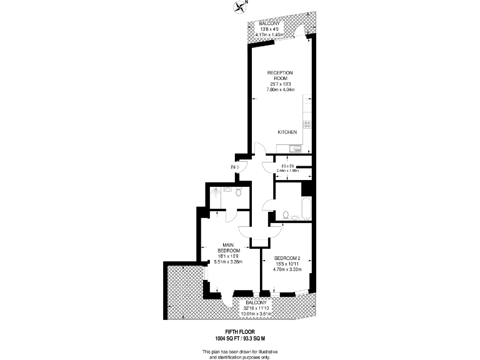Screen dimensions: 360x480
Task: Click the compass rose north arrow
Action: pos(239,7)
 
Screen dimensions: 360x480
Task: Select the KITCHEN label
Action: pos(287,132)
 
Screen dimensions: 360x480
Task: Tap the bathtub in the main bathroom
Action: pos(306,208)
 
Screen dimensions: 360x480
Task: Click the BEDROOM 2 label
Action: pos(288,258)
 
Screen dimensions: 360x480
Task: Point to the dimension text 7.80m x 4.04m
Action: pos(280,89)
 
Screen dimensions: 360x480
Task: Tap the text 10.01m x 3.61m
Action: pos(259,314)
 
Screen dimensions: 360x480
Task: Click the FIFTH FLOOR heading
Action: pos(240,332)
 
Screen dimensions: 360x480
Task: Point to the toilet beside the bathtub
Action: pos(286,215)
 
